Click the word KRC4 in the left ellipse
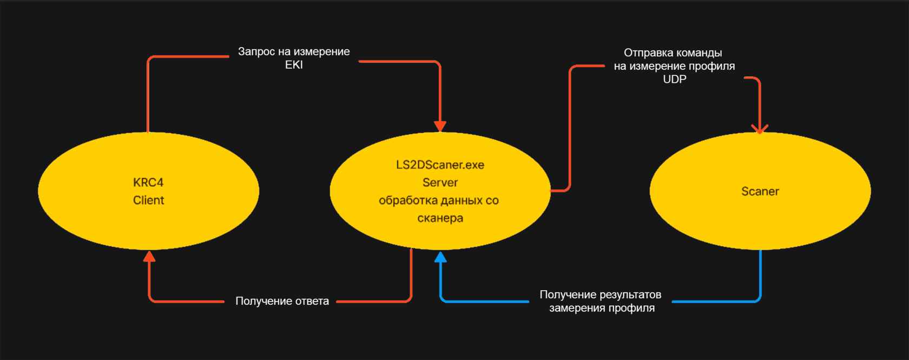(148, 182)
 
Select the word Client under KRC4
(148, 200)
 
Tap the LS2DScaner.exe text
(440, 165)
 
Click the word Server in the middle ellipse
(440, 182)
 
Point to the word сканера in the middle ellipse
(440, 218)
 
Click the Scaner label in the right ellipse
(760, 191)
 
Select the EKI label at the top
(294, 65)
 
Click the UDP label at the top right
(674, 79)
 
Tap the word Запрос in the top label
(257, 51)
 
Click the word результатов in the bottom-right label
(627, 294)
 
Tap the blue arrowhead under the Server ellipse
(440, 257)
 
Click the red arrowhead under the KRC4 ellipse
(149, 257)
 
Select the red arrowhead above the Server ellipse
(440, 126)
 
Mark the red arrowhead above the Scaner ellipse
(760, 129)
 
